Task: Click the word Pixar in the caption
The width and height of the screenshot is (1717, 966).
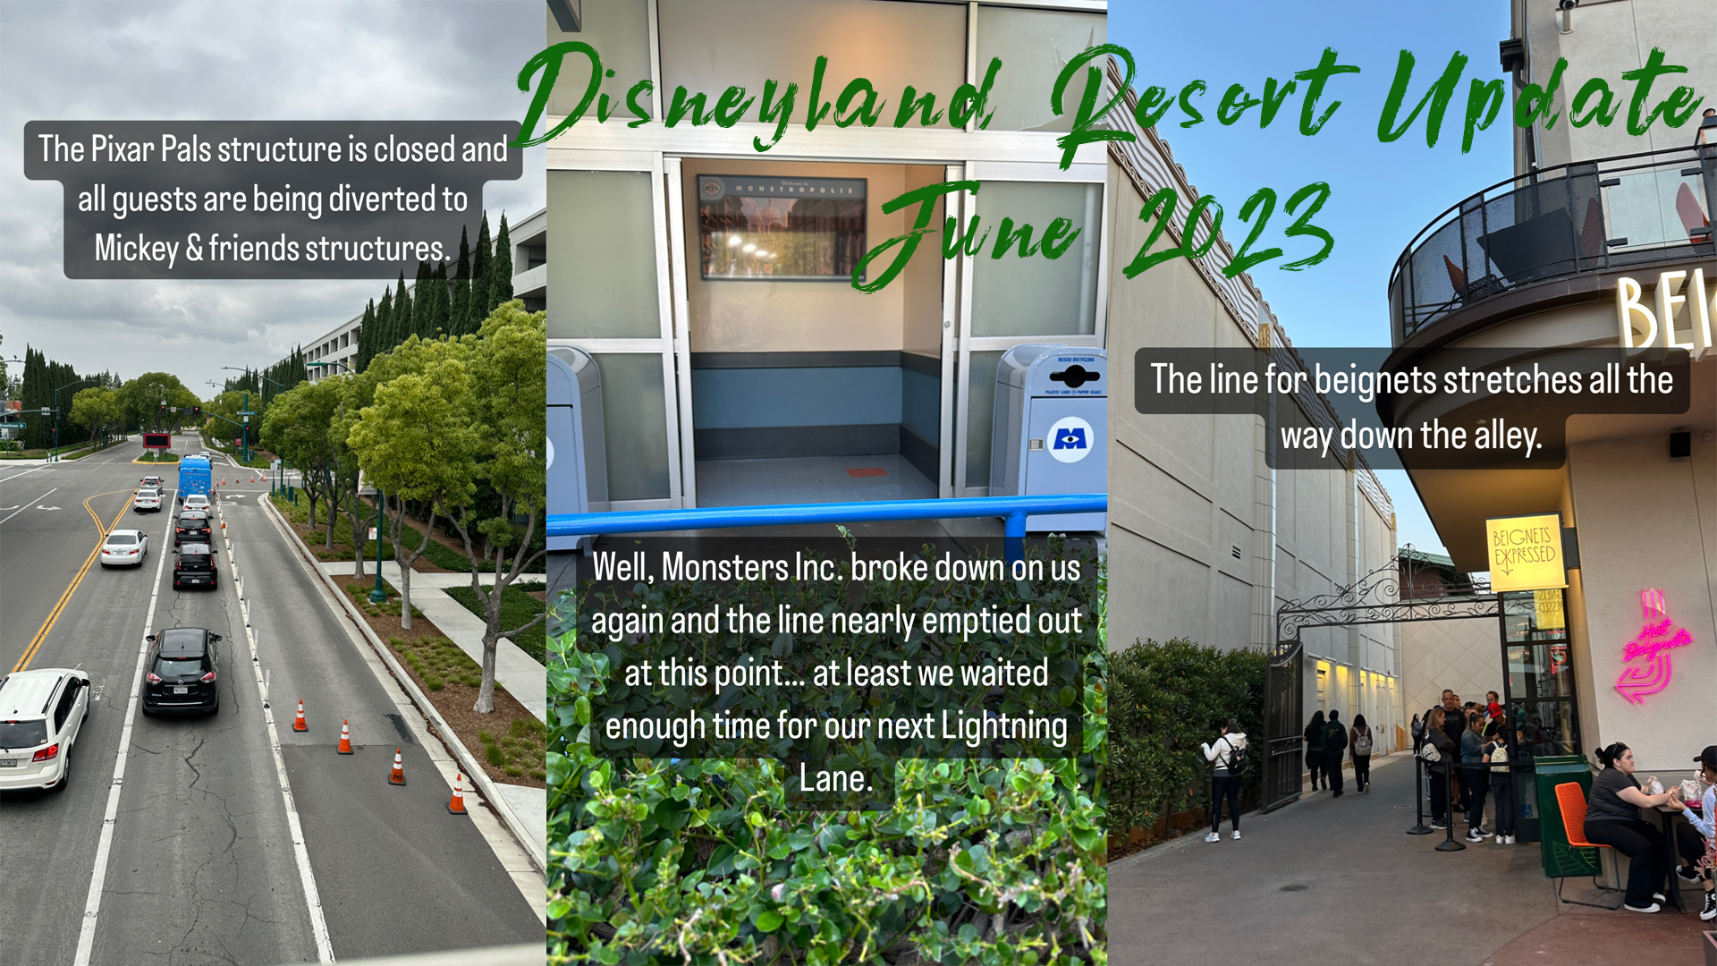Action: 123,149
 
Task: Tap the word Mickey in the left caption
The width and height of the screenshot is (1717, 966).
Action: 136,249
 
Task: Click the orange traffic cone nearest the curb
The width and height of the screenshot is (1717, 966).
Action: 457,794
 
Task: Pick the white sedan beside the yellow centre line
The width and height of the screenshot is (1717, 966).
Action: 124,547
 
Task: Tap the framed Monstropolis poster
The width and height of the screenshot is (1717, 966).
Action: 781,227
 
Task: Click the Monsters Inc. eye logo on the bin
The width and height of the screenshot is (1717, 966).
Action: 1070,439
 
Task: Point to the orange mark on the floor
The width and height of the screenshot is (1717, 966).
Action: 865,471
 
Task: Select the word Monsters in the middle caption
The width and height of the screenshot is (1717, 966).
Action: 715,568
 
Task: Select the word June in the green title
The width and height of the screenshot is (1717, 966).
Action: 975,233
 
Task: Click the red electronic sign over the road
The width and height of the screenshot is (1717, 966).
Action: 156,441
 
